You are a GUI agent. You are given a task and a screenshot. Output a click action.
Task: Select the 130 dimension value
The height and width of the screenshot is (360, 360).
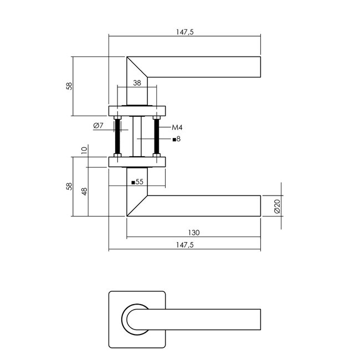(x=193, y=233)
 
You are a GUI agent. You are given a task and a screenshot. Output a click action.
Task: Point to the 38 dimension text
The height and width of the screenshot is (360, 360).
(x=137, y=83)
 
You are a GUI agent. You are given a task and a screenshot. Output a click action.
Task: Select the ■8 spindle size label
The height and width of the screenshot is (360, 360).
(x=177, y=138)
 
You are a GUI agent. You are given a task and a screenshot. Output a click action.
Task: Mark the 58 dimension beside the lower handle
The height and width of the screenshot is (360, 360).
(x=69, y=187)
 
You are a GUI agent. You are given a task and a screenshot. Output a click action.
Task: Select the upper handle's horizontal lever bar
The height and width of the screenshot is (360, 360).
(x=205, y=66)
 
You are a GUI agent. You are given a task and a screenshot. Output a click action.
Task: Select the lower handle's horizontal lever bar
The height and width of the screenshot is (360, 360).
(x=205, y=205)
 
